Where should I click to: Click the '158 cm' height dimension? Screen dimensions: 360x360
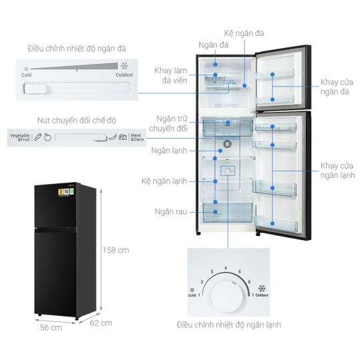tap(116, 250)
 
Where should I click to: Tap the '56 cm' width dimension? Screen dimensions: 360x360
tap(51, 327)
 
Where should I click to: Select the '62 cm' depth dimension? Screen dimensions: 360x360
tap(101, 323)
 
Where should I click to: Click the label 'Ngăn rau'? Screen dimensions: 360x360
tap(171, 212)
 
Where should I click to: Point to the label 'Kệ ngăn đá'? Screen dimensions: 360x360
tap(244, 33)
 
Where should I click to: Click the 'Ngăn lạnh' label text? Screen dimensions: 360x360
tap(169, 151)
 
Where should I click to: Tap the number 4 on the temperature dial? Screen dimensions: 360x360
tap(226, 268)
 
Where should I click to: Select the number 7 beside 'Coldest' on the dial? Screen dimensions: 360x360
tap(253, 295)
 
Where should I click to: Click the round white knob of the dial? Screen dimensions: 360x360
tap(227, 296)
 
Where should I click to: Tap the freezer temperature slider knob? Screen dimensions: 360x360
tap(35, 89)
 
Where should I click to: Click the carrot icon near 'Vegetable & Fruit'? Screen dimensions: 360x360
tap(37, 137)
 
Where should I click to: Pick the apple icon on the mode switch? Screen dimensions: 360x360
tap(47, 137)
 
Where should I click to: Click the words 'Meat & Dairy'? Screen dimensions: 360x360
tap(137, 137)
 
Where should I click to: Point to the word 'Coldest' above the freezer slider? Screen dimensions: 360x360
tap(124, 75)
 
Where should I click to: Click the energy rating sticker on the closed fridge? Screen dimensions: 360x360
tap(66, 192)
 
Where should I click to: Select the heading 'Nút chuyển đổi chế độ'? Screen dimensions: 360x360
tap(77, 121)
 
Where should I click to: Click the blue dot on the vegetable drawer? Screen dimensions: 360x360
tap(215, 212)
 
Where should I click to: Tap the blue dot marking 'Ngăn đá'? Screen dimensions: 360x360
tap(215, 65)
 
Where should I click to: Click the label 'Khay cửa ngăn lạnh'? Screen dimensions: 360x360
tap(337, 171)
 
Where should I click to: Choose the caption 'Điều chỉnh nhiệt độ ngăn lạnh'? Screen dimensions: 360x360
tap(229, 325)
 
